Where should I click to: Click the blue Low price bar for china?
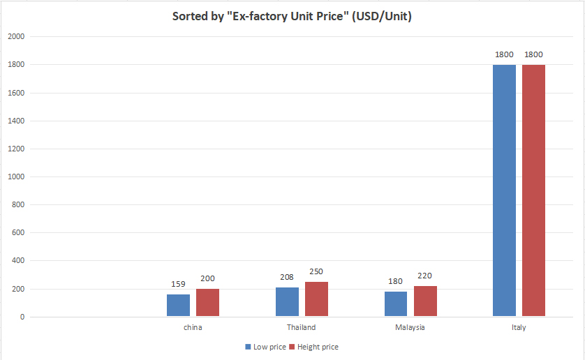point(178,305)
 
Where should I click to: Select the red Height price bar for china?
point(207,302)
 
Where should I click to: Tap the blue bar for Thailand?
point(287,301)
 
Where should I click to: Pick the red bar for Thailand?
point(316,299)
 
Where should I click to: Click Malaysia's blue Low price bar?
point(396,303)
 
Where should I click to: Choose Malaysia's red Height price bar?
point(425,301)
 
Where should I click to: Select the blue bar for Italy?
point(504,190)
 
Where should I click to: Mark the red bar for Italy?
point(533,190)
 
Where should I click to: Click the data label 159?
point(178,285)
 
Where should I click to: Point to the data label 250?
point(316,271)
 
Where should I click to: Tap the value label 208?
point(287,278)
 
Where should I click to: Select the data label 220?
point(425,276)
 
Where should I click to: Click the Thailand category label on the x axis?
point(301,327)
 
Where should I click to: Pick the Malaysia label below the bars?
point(410,327)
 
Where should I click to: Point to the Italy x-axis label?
point(519,327)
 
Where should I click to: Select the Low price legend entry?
point(265,347)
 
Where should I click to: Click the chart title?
point(292,16)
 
